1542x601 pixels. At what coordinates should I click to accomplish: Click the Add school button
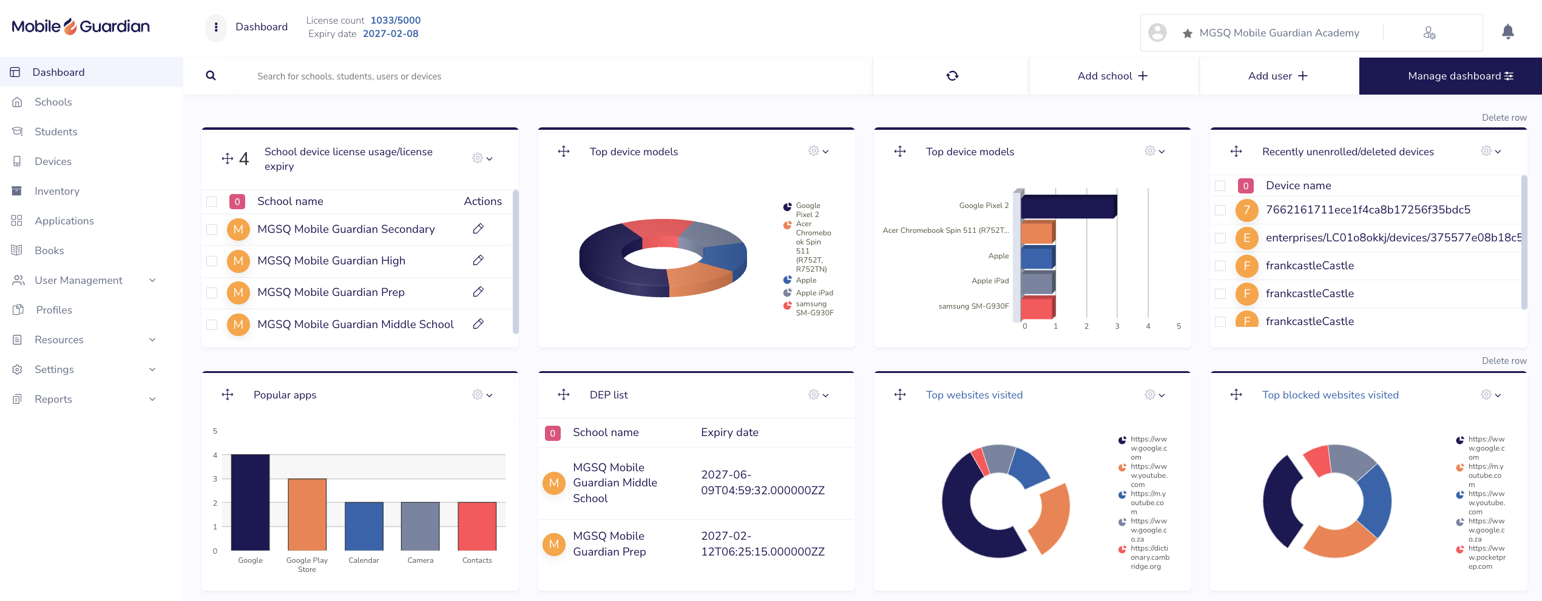tap(1113, 76)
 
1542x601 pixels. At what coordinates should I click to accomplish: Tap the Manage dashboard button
tap(1450, 76)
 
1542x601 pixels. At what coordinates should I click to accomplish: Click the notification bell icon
tap(1508, 32)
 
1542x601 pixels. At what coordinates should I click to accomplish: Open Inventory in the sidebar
tap(57, 191)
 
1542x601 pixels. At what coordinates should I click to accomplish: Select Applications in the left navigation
tap(64, 221)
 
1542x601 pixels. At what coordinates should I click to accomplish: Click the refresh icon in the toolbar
tap(952, 76)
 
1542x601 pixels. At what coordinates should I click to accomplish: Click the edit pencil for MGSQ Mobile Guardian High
tap(478, 260)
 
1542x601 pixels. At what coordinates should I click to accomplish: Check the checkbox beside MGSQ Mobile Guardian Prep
tap(212, 292)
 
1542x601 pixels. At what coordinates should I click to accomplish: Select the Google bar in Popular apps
tap(250, 502)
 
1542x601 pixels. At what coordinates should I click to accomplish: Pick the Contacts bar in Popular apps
tap(477, 526)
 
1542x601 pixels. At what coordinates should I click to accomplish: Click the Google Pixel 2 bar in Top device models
tap(1069, 206)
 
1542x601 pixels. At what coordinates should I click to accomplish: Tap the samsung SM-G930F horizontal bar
tap(1037, 307)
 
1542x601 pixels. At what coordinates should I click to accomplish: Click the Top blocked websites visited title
tap(1330, 395)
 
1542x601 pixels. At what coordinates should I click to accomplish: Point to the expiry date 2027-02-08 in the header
tap(391, 34)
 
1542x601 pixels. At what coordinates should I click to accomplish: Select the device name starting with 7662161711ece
tap(1368, 210)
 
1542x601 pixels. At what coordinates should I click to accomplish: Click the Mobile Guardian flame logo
tap(70, 27)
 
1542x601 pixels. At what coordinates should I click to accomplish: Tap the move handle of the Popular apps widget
tap(228, 395)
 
